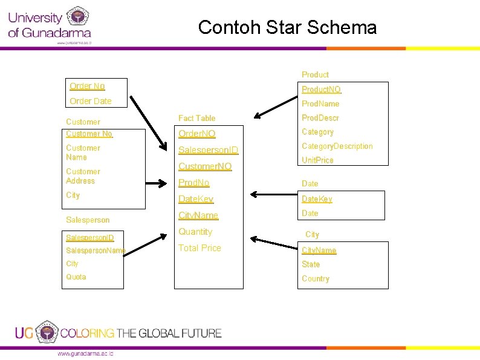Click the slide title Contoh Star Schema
[287, 27]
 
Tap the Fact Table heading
[196, 118]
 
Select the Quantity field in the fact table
[195, 232]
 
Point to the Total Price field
[199, 248]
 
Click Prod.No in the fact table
[193, 183]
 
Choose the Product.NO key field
[321, 90]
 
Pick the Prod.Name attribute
[320, 104]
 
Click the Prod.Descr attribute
[320, 118]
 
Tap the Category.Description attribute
[337, 146]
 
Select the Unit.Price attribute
[317, 160]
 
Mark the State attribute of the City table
[311, 264]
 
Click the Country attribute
[316, 279]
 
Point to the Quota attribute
[76, 277]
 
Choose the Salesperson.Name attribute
[96, 250]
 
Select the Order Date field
[91, 101]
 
